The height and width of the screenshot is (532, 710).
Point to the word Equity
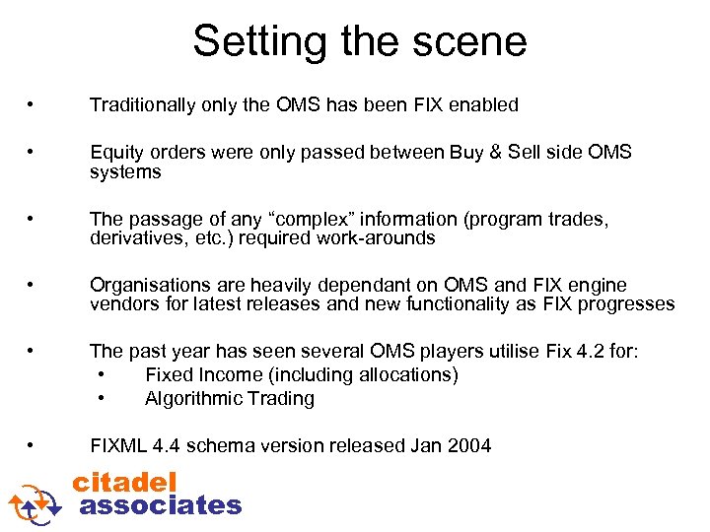(114, 153)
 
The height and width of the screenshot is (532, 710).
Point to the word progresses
(627, 304)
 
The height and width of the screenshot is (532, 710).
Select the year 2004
(468, 446)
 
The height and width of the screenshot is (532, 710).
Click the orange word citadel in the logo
(125, 482)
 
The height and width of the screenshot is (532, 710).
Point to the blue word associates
(160, 505)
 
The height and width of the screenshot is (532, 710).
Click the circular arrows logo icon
(35, 500)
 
